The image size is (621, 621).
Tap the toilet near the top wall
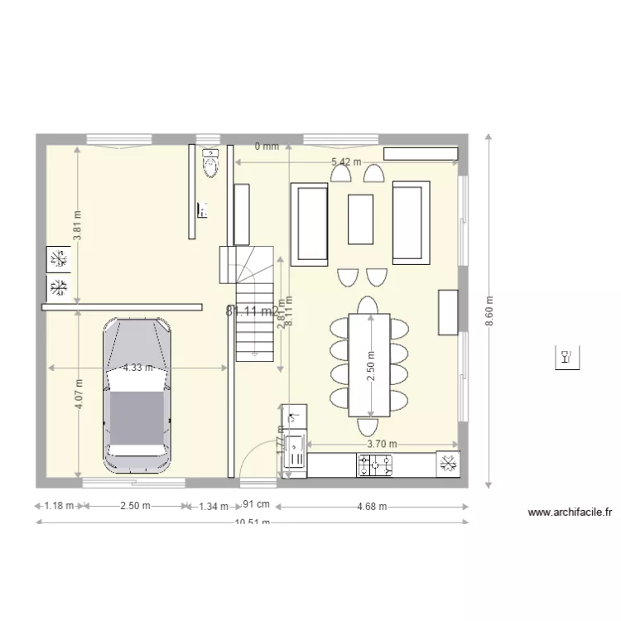pos(210,163)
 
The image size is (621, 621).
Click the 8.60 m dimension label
pos(489,311)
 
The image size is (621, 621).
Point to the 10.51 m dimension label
pos(252,522)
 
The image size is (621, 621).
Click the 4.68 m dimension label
pos(372,507)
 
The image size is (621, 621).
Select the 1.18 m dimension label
pos(59,506)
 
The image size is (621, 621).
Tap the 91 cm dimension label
pos(256,504)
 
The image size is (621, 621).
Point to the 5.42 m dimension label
pos(346,162)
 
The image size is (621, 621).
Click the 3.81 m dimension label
pos(77,225)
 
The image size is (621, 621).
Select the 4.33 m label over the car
pos(137,367)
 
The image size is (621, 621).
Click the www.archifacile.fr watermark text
pos(570,513)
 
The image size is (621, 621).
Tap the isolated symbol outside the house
pos(566,358)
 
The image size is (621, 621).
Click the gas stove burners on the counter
pos(374,465)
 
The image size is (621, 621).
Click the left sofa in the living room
pos(310,223)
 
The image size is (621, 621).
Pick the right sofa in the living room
pos(411,221)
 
